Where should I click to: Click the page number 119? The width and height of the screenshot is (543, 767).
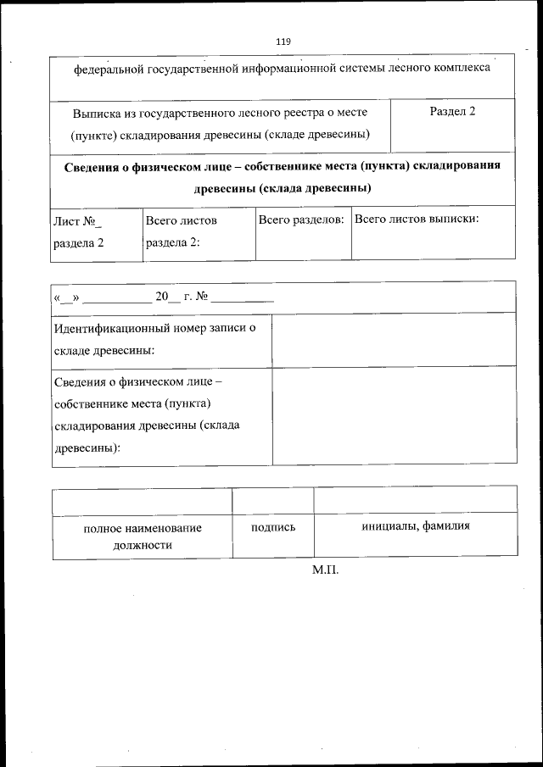(283, 42)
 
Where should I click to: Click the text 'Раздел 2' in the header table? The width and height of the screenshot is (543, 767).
(452, 112)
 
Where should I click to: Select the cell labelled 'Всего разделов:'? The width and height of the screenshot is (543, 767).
(301, 220)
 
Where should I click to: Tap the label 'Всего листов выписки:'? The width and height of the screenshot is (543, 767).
(417, 220)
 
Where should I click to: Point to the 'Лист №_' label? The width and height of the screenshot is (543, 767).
(77, 221)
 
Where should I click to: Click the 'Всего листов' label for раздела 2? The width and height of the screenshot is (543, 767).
(181, 220)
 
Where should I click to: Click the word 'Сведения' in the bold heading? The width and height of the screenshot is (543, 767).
(91, 165)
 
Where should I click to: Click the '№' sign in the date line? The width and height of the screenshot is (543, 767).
(202, 297)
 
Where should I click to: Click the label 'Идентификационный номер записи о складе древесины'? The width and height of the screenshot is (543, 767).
(155, 339)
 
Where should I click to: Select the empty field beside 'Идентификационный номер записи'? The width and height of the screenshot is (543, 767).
(393, 339)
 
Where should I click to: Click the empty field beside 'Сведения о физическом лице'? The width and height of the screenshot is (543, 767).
(394, 415)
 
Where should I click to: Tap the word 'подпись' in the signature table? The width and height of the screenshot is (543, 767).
(273, 527)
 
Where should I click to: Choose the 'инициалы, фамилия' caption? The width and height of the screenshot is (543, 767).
(415, 526)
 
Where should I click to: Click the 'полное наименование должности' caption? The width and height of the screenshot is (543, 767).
(143, 536)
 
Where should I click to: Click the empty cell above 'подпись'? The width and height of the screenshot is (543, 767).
(273, 499)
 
